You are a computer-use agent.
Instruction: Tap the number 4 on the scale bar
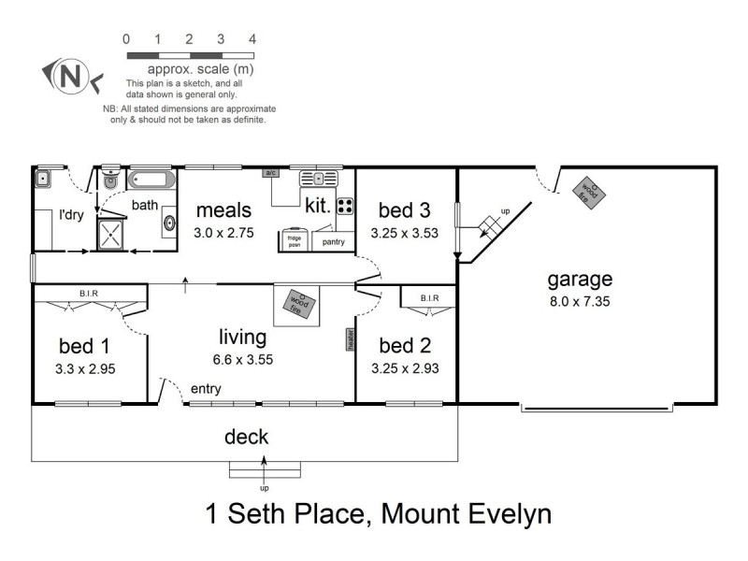pos(252,39)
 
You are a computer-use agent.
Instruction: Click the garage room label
pos(580,278)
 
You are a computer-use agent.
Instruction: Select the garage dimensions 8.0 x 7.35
pos(580,302)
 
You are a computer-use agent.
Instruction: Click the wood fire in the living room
pos(300,302)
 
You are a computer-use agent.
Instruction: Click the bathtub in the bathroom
pos(152,180)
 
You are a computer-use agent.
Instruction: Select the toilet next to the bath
pos(110,181)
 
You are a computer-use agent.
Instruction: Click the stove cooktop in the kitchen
pos(345,207)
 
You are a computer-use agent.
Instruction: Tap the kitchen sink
pos(319,178)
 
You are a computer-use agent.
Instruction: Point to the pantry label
pos(334,242)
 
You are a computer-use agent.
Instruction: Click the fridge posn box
pos(293,239)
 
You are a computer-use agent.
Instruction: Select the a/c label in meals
pos(271,173)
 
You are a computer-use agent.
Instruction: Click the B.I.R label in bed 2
pos(429,298)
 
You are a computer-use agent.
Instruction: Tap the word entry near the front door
pos(206,388)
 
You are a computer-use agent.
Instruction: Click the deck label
pos(246,437)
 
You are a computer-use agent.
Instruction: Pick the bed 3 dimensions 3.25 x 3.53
pos(404,234)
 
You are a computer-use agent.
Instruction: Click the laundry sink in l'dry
pos(43,178)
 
